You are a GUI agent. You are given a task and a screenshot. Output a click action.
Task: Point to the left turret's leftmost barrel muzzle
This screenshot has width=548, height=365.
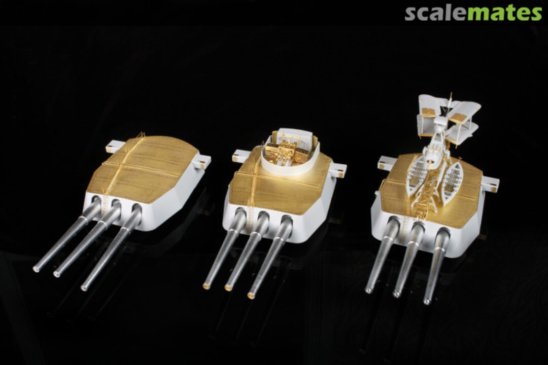pos(36,269)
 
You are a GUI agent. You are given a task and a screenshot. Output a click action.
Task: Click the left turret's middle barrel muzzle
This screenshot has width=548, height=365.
pos(56,274)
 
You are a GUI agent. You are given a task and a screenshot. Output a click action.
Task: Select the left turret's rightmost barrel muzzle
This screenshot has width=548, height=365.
pos(84,288)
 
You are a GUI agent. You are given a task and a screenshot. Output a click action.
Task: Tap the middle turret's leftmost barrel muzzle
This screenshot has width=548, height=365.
pos(206,286)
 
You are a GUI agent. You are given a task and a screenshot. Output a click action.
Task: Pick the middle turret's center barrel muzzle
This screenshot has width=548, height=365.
pos(228,288)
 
